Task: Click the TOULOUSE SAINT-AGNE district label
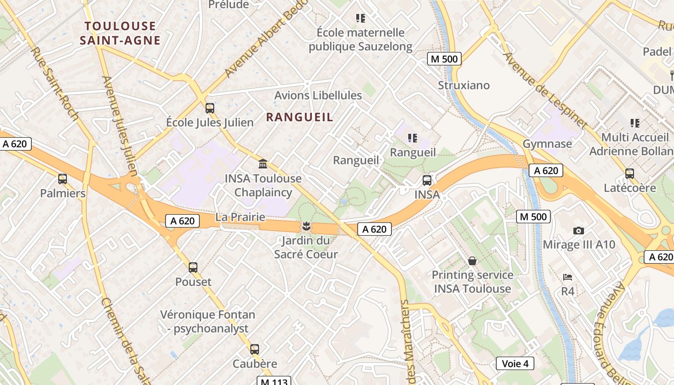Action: click(120, 33)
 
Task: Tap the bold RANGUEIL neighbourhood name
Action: click(299, 117)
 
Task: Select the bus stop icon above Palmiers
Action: click(63, 179)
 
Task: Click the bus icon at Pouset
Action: click(193, 267)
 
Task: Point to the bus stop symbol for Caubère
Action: click(255, 349)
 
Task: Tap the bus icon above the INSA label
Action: click(427, 180)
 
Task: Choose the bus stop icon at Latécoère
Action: click(630, 174)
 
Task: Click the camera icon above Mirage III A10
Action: click(579, 231)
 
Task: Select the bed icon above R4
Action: click(568, 277)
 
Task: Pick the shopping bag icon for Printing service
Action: click(472, 261)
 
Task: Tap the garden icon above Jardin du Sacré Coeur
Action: click(306, 226)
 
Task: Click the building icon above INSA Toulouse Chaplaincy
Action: click(263, 164)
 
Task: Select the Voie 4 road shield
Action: click(515, 363)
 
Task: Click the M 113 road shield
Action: click(274, 382)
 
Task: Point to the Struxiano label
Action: click(464, 85)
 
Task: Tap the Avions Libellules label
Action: click(318, 95)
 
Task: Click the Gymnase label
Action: click(547, 143)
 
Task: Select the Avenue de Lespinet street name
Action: click(545, 90)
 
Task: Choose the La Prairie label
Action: click(240, 217)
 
